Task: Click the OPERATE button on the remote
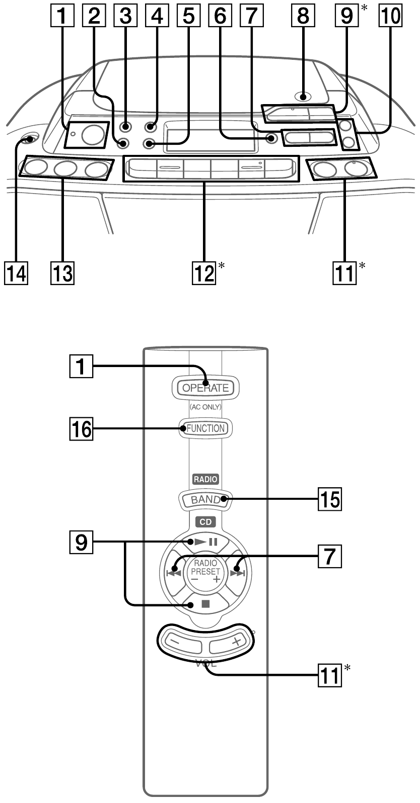(x=205, y=388)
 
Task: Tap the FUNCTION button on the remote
(x=205, y=428)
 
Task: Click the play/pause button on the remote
(x=205, y=542)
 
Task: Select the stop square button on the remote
(x=205, y=604)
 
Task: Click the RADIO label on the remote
(x=205, y=480)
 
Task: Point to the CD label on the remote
(x=205, y=521)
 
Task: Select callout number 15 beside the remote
(x=329, y=500)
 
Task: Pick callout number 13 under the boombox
(x=62, y=274)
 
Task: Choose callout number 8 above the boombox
(x=303, y=16)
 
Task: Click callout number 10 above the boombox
(x=391, y=16)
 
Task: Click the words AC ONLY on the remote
(x=205, y=407)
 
